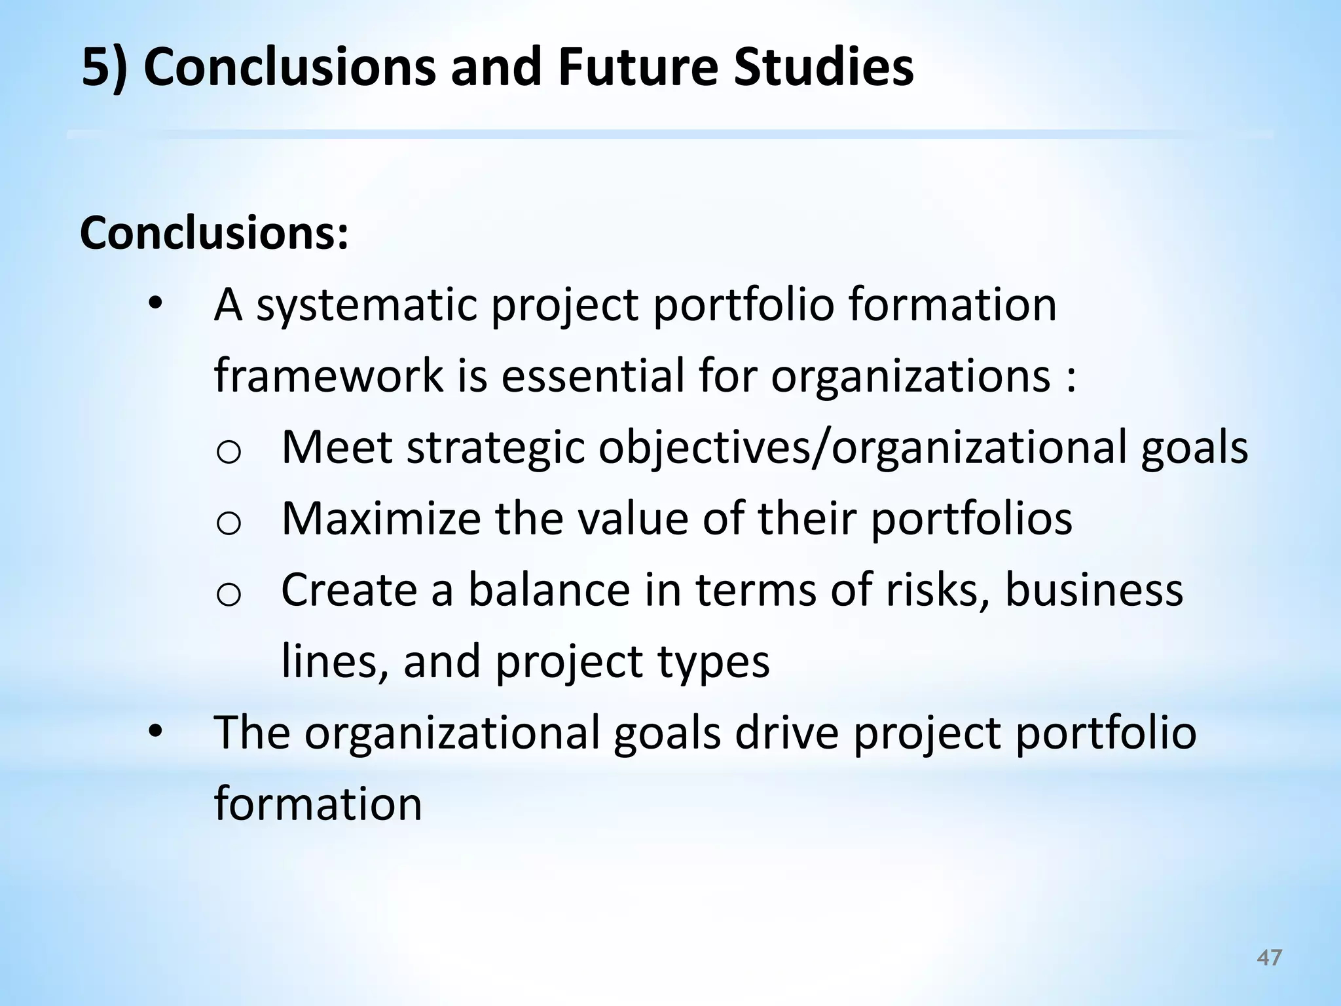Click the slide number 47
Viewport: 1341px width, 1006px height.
(1270, 958)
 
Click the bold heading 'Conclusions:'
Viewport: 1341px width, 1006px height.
(214, 233)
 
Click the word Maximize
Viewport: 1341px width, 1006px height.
(380, 518)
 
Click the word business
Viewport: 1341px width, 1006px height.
(1093, 589)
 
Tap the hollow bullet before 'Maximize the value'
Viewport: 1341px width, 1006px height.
(229, 523)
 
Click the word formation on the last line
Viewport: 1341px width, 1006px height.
(318, 804)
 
